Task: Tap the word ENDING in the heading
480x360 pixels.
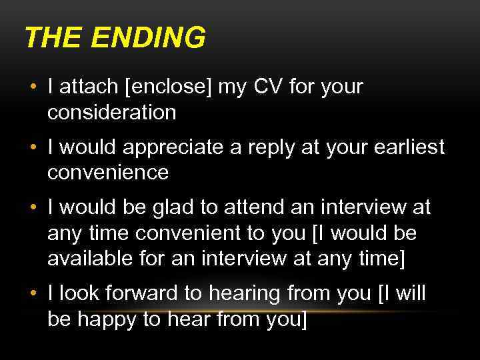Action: pos(147,38)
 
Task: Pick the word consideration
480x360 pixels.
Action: pos(111,112)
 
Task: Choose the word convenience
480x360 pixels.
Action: pos(108,173)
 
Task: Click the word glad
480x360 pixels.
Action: pos(169,208)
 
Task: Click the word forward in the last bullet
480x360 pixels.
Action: pos(139,293)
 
